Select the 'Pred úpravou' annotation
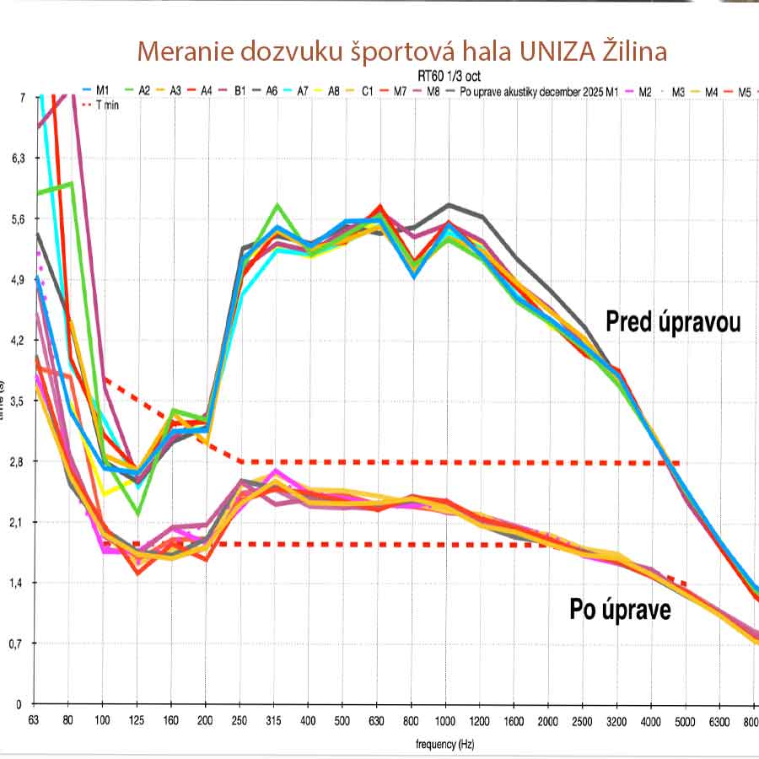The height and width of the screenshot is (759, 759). [673, 321]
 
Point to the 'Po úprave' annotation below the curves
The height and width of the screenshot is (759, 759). [621, 609]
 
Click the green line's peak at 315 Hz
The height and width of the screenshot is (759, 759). [276, 206]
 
